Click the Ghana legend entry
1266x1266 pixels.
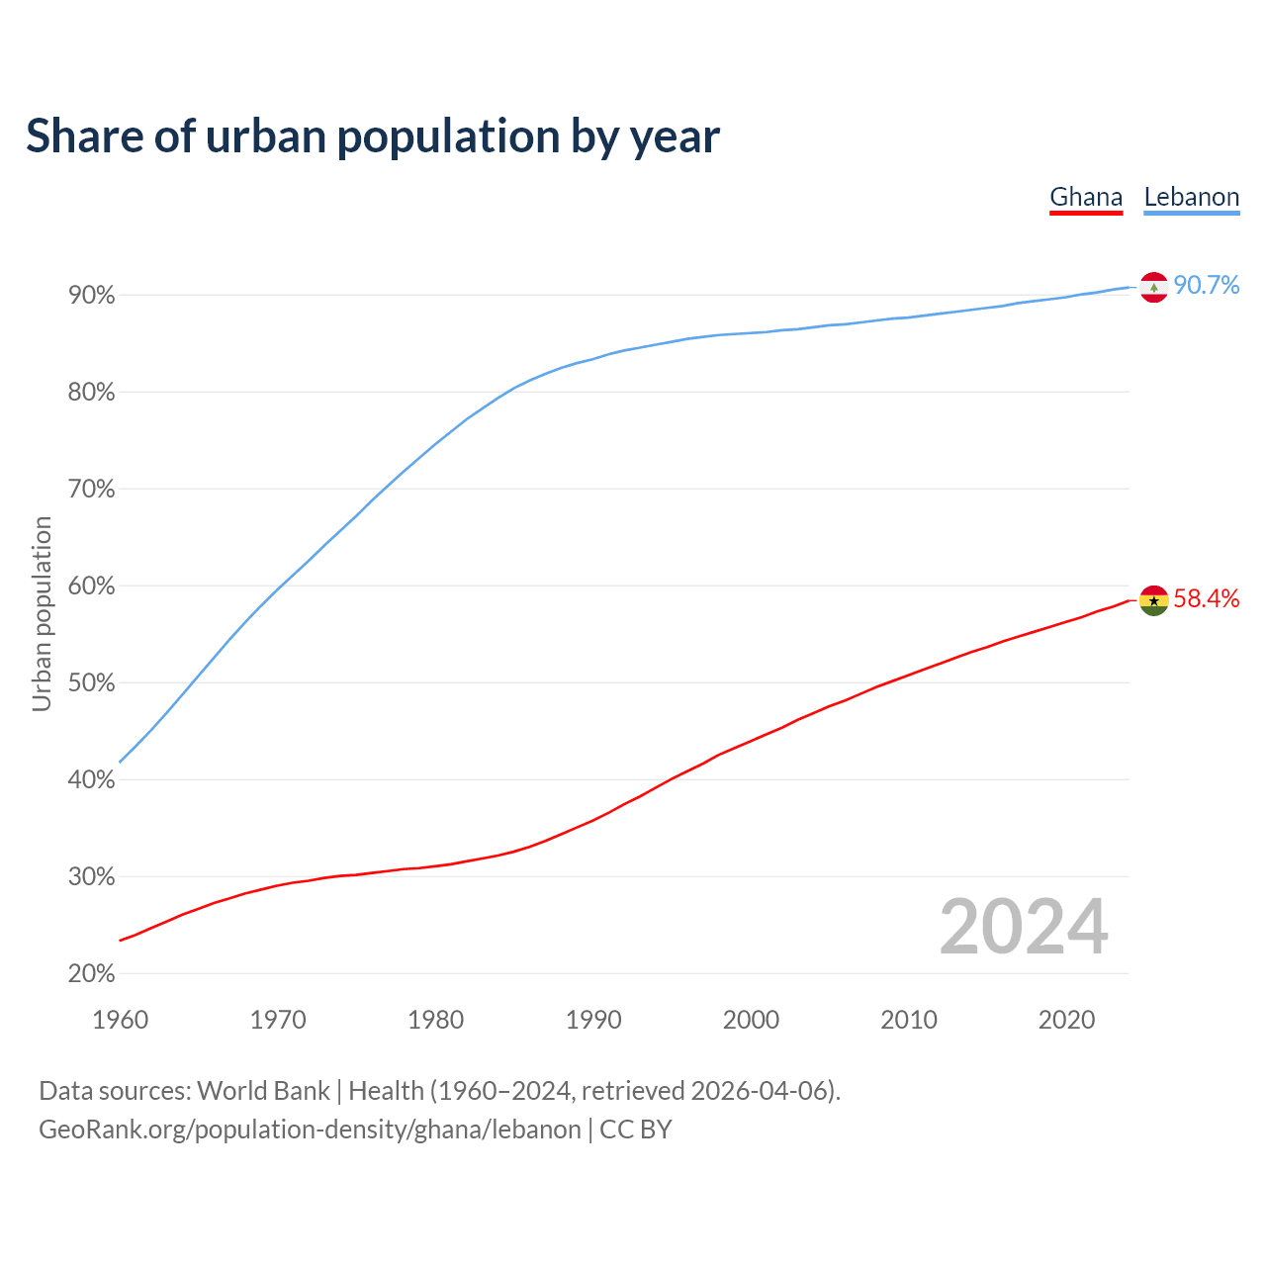pos(1086,197)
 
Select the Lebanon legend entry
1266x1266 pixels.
pos(1191,197)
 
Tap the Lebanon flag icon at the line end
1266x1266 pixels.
pos(1154,287)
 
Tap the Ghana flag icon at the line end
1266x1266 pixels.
pos(1154,600)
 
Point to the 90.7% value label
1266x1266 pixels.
pos(1207,286)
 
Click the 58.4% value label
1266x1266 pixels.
pos(1207,598)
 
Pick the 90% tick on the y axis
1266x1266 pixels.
pos(92,296)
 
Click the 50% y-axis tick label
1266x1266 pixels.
pos(92,683)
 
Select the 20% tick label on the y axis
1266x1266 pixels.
pos(92,974)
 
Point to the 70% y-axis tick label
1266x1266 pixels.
pos(92,490)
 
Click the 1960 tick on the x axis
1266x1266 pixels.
pos(121,1020)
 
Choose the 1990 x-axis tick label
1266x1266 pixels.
pos(593,1020)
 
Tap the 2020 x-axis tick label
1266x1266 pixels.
pos(1066,1020)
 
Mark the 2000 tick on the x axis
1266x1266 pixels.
pos(751,1020)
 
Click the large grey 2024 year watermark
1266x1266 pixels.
pos(1024,927)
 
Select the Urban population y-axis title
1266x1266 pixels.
pos(42,613)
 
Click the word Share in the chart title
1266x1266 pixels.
pos(83,136)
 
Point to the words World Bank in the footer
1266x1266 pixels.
pos(263,1091)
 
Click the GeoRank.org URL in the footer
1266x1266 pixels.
pos(310,1130)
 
